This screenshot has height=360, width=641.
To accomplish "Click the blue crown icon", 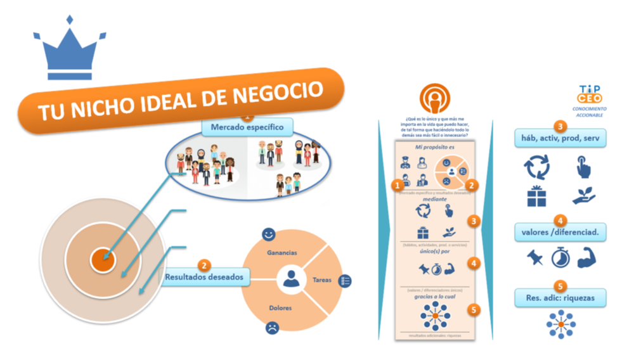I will [70, 50].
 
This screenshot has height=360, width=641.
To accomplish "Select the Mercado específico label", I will [247, 127].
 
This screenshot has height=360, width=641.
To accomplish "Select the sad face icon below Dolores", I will [272, 328].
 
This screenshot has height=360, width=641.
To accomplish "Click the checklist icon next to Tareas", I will [346, 280].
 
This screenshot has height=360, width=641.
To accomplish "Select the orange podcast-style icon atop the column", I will [435, 98].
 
